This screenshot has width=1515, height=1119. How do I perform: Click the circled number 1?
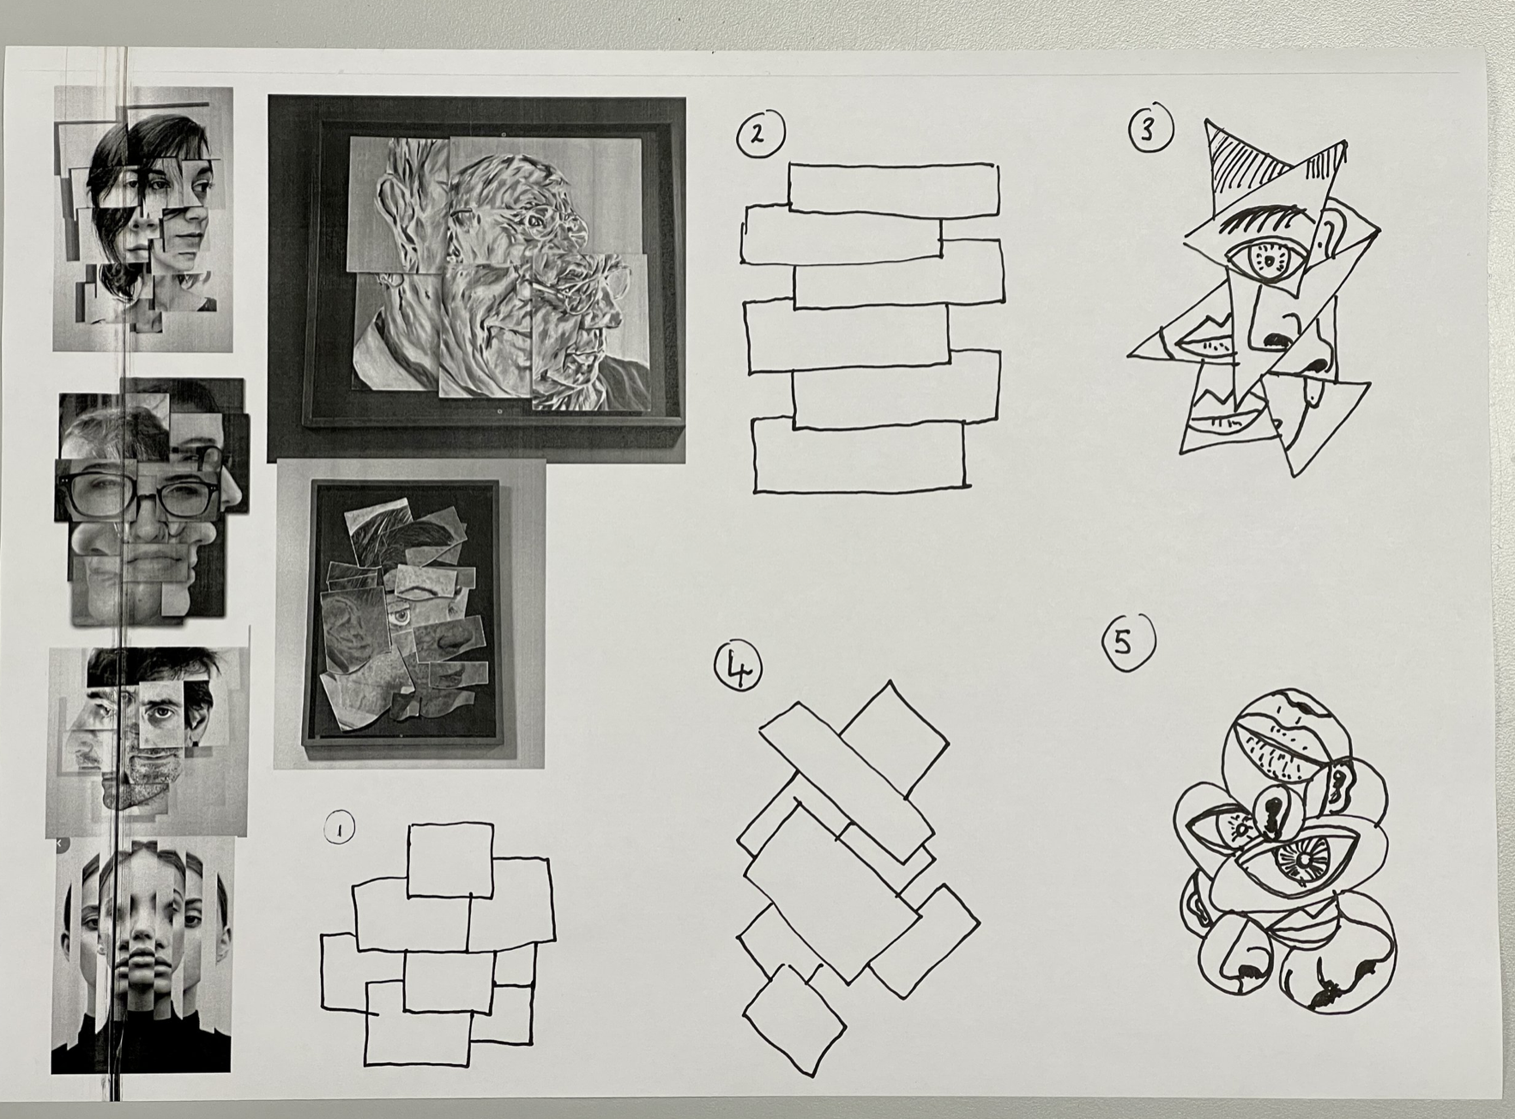341,828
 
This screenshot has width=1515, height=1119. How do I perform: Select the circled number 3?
1150,130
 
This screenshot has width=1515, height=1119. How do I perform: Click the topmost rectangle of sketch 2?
894,188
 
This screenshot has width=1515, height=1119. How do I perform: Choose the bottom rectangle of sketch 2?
859,454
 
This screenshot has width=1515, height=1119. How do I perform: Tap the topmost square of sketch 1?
450,860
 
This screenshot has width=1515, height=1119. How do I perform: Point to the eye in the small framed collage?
399,615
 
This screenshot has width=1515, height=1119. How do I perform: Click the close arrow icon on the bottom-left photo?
58,844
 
